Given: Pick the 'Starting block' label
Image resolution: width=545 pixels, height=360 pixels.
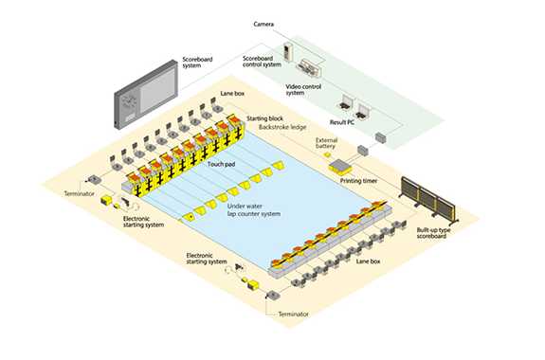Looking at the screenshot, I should click(x=265, y=117).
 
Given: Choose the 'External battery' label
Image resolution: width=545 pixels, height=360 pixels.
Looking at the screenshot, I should click(x=326, y=145).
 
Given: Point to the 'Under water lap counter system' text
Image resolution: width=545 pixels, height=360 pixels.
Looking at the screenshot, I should click(x=254, y=209).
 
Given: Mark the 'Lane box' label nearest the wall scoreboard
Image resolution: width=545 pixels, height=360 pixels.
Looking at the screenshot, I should click(x=231, y=95).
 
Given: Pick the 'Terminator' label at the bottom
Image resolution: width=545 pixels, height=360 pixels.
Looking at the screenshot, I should click(x=296, y=312).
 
